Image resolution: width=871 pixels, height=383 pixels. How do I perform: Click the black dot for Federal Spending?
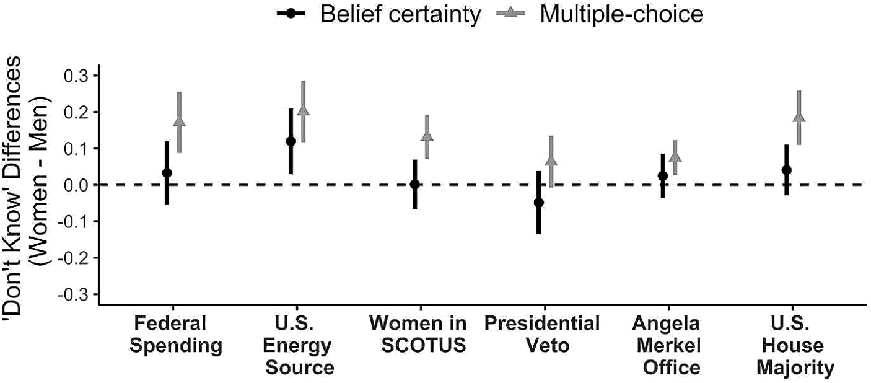(167, 173)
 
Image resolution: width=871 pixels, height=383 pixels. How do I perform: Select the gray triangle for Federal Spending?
(180, 121)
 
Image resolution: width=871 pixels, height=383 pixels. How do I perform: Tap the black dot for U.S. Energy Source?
(291, 141)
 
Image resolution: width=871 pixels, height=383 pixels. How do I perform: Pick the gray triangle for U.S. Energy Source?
(304, 111)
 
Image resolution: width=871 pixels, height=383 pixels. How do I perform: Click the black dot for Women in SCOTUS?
(414, 184)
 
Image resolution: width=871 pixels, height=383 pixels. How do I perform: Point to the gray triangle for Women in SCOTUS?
(427, 136)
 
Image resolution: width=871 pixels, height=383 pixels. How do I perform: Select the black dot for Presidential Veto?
(538, 203)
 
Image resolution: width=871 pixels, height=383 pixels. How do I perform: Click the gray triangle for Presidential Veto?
(551, 161)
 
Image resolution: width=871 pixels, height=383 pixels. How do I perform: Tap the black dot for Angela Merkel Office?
(662, 175)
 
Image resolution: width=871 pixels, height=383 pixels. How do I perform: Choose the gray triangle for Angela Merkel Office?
(675, 156)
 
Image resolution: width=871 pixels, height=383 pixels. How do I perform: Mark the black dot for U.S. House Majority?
(786, 170)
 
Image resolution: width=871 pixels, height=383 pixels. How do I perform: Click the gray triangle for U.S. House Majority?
(799, 117)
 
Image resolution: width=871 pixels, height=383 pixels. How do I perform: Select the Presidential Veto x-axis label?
(542, 335)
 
